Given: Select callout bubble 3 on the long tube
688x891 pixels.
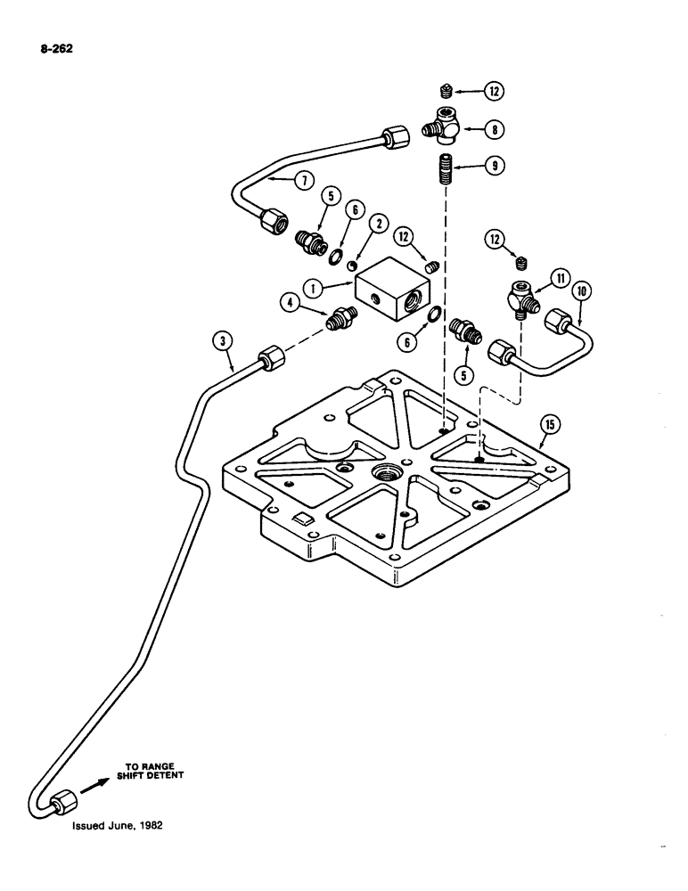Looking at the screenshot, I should [x=223, y=340].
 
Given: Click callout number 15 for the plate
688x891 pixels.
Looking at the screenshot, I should [x=550, y=426].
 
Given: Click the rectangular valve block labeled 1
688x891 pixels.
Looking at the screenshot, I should [x=391, y=299].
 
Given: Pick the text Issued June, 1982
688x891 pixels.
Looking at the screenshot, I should [x=112, y=825].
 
